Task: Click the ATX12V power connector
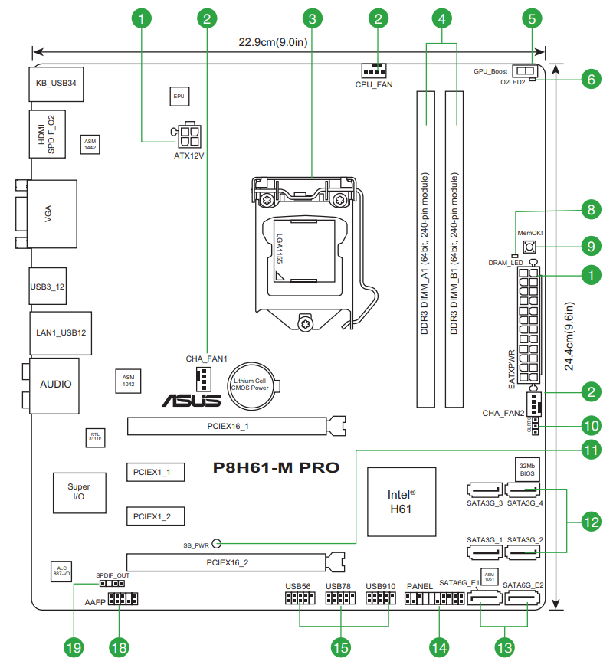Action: tap(188, 137)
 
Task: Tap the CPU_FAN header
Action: tap(373, 69)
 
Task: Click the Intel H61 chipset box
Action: tap(401, 501)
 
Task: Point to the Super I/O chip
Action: tap(78, 492)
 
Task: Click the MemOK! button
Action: tap(529, 247)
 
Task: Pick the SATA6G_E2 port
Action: tap(528, 604)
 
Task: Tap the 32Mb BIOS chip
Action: tap(526, 469)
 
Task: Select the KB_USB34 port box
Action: tap(56, 82)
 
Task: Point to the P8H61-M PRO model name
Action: tap(275, 467)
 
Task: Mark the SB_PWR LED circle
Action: tap(216, 544)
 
